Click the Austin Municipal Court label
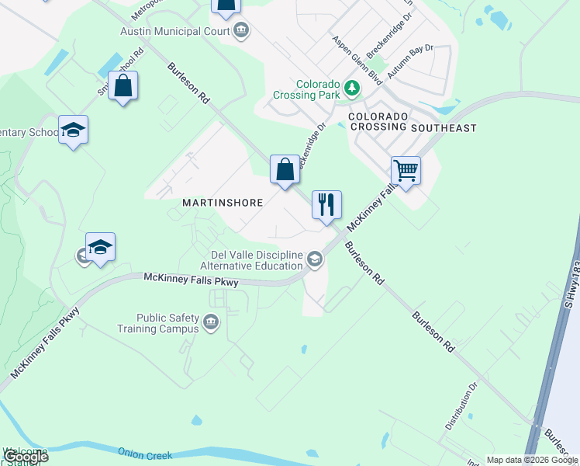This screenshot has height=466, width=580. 174,31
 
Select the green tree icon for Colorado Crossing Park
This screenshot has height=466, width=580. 353,88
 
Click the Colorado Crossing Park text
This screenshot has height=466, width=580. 307,90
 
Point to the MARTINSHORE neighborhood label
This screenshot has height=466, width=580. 223,202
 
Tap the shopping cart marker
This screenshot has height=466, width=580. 406,170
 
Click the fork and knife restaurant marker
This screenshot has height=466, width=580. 326,204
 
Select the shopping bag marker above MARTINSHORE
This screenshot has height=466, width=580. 285,169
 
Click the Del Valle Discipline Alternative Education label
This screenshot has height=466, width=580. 257,259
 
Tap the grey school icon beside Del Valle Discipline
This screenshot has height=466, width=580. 314,259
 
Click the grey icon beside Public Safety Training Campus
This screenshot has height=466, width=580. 210,322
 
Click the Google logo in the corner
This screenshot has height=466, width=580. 26,457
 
